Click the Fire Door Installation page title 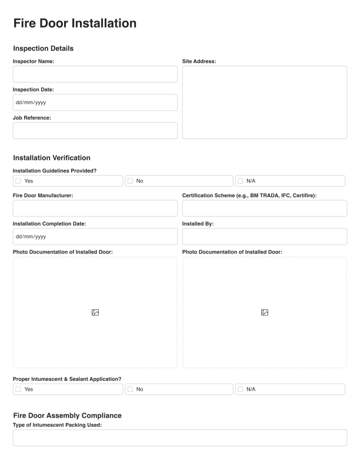(x=75, y=24)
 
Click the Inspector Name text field (x=95, y=74)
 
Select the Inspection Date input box (x=95, y=102)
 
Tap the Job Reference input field (x=95, y=131)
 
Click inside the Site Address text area (x=264, y=102)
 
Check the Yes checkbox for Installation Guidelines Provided (x=18, y=181)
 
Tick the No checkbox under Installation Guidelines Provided (x=130, y=181)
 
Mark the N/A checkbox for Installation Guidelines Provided (x=241, y=181)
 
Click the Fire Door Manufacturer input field (x=95, y=208)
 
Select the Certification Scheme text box (x=264, y=208)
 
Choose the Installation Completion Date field (x=95, y=237)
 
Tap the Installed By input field (x=264, y=237)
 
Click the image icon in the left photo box (x=95, y=312)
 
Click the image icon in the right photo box (x=265, y=312)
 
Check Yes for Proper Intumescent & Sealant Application (x=18, y=390)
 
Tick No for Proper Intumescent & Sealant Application (x=130, y=390)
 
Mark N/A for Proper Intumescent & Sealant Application (x=241, y=390)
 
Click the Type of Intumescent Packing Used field (x=179, y=438)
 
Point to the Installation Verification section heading (x=52, y=158)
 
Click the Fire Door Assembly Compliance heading (x=67, y=415)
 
